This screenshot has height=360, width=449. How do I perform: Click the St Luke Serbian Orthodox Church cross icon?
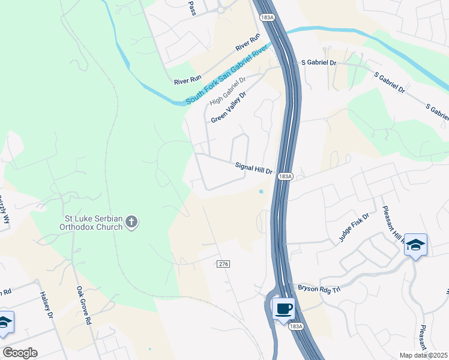(132, 223)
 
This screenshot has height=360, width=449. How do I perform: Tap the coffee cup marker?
(283, 310)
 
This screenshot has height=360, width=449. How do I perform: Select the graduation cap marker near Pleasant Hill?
(415, 245)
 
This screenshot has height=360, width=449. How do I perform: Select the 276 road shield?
(223, 264)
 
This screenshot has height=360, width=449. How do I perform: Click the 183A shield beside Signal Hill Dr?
(285, 176)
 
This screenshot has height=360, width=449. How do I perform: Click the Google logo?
(20, 353)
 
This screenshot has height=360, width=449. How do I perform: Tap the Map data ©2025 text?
(423, 355)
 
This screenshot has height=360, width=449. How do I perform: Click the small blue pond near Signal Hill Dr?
(261, 192)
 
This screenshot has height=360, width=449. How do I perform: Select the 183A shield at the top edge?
(268, 18)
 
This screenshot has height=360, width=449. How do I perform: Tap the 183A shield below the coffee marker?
(295, 326)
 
